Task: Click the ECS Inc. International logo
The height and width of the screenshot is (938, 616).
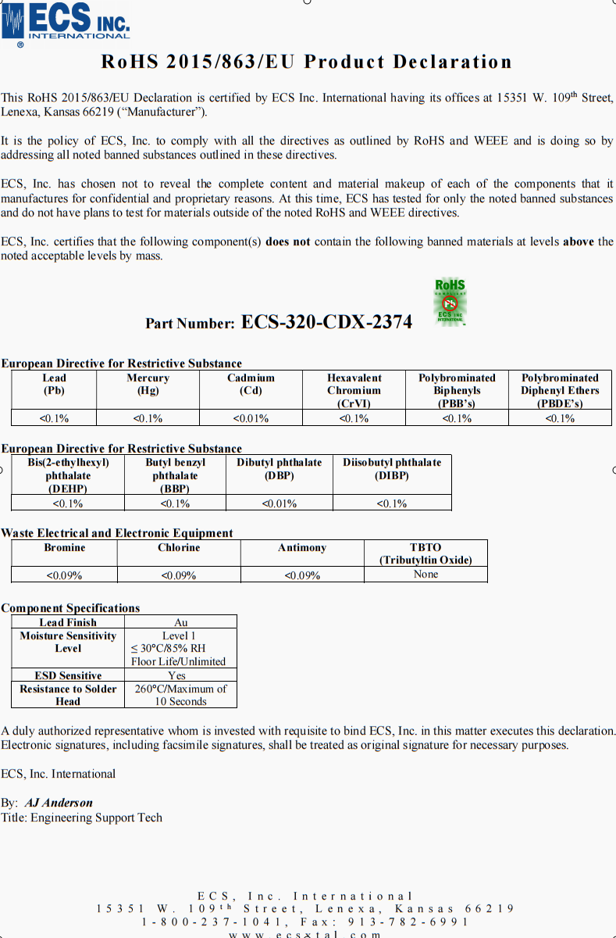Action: coord(66,23)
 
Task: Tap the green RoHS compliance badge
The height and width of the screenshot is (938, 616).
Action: coord(450,302)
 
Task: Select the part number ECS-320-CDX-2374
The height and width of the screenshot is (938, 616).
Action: coord(326,322)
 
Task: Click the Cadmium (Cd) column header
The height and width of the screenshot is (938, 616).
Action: coord(251,384)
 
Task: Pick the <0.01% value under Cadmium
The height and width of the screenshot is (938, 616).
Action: coord(251,418)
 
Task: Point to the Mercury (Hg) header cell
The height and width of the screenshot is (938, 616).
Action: coord(148,384)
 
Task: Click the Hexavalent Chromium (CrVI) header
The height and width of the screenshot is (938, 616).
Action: coord(354,390)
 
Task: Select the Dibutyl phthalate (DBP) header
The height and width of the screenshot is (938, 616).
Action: coord(279,469)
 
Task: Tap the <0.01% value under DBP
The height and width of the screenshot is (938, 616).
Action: coord(279,503)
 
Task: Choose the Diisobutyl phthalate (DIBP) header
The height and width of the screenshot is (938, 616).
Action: coord(392,469)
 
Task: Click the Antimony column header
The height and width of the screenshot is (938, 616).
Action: coord(302,548)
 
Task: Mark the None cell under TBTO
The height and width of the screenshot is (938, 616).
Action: coord(426,575)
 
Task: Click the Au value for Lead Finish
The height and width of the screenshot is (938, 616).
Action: coord(180,622)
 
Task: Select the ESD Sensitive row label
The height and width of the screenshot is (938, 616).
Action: coord(68,675)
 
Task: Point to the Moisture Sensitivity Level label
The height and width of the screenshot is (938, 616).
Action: coord(68,642)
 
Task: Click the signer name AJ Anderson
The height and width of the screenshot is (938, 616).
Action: coord(59,803)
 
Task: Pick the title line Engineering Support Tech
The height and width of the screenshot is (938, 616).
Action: coord(96,818)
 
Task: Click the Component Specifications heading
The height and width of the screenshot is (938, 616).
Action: coord(70,608)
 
